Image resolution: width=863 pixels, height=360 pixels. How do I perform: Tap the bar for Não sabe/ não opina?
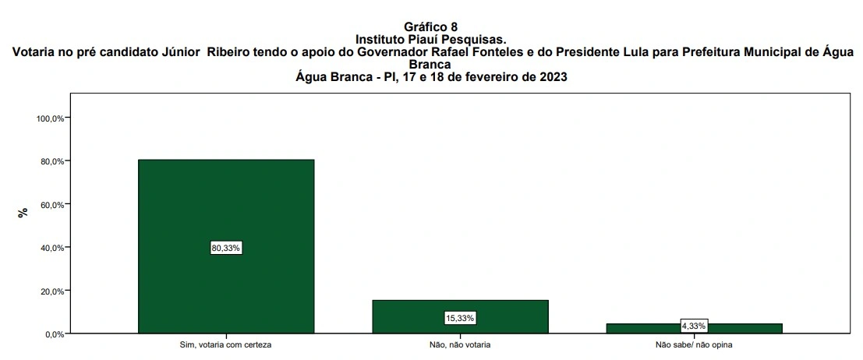694,328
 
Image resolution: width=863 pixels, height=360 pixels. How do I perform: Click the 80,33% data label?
226,248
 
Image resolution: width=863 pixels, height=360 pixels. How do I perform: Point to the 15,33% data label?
460,318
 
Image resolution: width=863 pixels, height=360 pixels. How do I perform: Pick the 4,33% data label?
694,325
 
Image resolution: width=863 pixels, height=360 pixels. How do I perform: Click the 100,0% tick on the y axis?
51,118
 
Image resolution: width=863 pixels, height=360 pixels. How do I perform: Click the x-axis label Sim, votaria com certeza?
226,344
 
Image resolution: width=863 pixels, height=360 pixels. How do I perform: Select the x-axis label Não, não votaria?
460,344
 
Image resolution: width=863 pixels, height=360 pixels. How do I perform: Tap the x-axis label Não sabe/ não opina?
694,344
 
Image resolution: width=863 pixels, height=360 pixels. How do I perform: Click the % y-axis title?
23,212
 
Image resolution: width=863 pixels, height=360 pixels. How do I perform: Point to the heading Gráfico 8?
431,27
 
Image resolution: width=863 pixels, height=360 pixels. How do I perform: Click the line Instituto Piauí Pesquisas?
431,39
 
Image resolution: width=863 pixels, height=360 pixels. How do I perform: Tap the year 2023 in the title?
550,76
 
